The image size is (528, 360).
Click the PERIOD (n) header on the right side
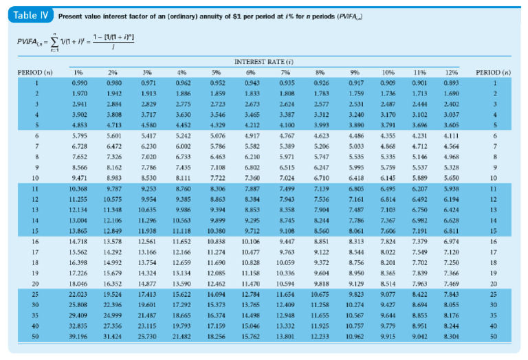492,72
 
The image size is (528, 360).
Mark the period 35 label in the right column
492,316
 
